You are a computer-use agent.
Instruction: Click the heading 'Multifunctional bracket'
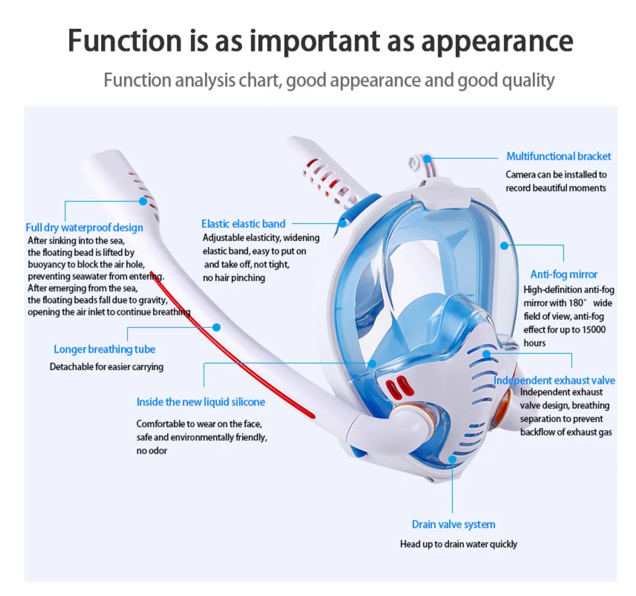(558, 156)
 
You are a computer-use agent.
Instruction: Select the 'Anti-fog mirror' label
(563, 275)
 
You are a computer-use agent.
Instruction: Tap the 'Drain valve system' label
(453, 525)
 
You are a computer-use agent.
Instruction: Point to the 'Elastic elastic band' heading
(243, 223)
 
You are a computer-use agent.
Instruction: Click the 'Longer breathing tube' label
(105, 349)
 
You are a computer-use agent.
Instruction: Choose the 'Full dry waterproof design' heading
(84, 227)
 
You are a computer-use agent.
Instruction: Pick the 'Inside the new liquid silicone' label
(201, 401)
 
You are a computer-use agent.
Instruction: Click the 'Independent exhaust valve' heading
(554, 380)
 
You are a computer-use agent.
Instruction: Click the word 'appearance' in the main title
(496, 41)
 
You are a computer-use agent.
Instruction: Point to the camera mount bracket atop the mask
(416, 162)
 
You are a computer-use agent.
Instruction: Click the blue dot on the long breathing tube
(216, 327)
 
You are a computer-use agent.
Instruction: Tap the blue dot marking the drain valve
(453, 459)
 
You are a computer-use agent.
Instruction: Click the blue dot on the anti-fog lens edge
(504, 245)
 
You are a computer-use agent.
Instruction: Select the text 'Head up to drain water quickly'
(458, 544)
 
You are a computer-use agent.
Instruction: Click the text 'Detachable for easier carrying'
(106, 366)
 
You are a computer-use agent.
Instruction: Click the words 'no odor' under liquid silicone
(151, 450)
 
